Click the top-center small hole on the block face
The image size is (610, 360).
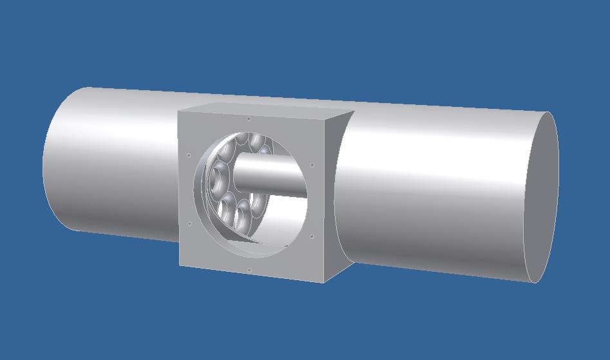tap(249, 118)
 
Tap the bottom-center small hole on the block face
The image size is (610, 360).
tap(249, 269)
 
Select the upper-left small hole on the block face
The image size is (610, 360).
tap(188, 155)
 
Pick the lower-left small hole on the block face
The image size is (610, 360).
tap(189, 224)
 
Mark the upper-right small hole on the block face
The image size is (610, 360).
tap(312, 164)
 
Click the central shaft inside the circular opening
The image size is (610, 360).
tap(271, 173)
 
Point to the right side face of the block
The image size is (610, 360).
tap(335, 193)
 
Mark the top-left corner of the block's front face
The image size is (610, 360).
tap(178, 111)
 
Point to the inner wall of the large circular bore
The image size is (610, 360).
tap(283, 225)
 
